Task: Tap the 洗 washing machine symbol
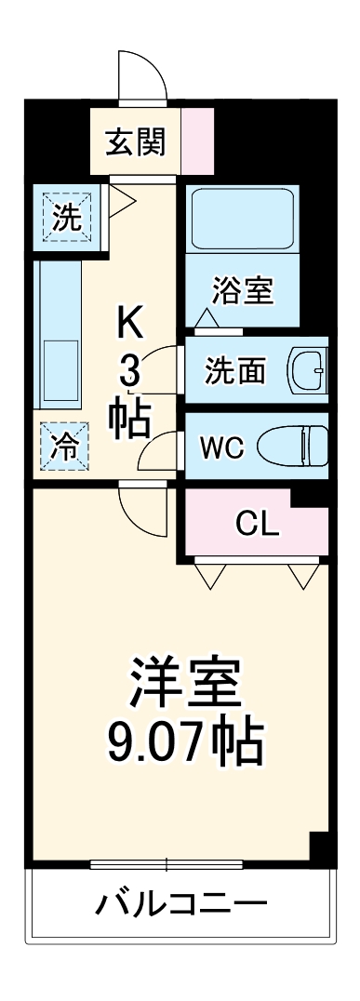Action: [66, 218]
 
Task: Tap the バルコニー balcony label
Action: [181, 903]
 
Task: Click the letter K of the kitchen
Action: [130, 324]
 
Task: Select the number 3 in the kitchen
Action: [129, 374]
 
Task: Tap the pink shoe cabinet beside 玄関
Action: [197, 140]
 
